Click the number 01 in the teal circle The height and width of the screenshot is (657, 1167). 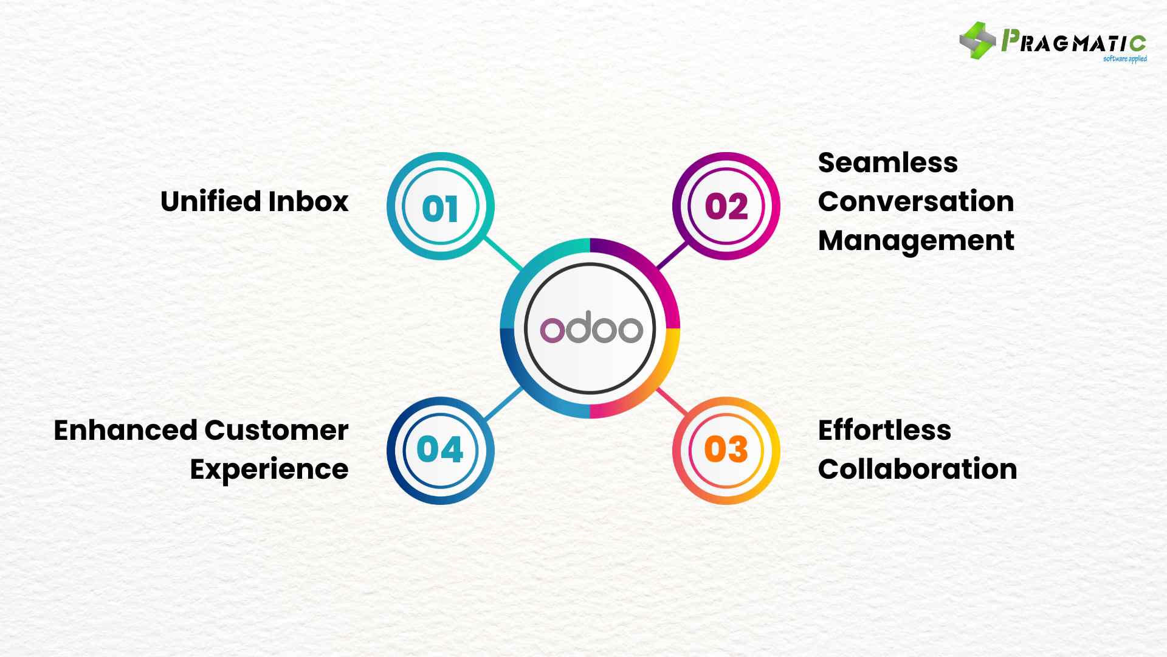click(440, 209)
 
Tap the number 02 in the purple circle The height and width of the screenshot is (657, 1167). click(726, 206)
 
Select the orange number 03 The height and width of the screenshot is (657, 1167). click(726, 450)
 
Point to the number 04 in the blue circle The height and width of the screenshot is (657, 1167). click(440, 450)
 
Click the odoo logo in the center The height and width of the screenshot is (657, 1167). click(591, 329)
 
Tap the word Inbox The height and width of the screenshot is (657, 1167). click(308, 201)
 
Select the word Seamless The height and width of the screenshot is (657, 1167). click(887, 163)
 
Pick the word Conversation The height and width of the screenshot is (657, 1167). click(915, 201)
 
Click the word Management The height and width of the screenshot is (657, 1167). click(915, 241)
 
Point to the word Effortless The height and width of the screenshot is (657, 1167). click(884, 430)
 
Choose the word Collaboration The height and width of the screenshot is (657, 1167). click(917, 469)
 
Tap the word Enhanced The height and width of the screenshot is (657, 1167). click(125, 430)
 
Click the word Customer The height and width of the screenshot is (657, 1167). click(275, 430)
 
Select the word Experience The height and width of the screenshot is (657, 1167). click(269, 469)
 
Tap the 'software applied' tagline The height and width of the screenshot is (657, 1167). click(1124, 59)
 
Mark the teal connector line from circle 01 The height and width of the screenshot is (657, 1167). click(503, 253)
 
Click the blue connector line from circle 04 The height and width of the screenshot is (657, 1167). click(504, 403)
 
